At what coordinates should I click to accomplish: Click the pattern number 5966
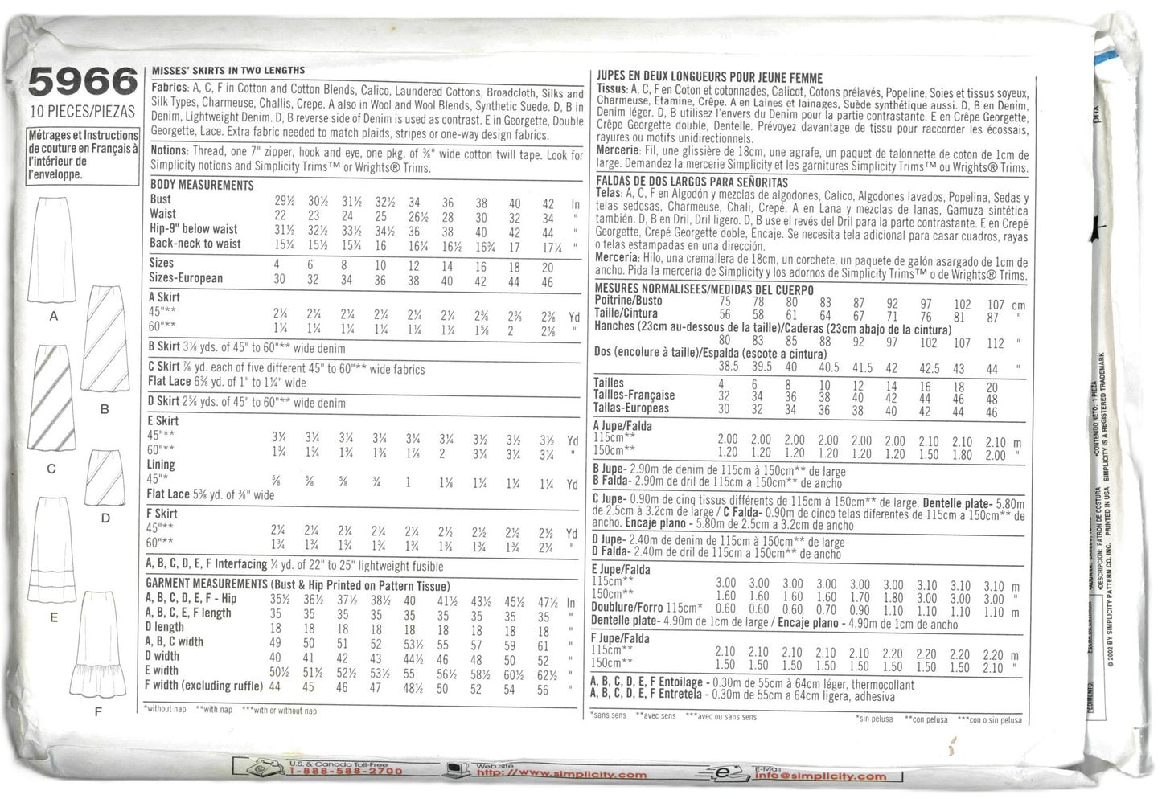pos(82,82)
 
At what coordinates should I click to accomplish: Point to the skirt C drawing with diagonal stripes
pos(51,396)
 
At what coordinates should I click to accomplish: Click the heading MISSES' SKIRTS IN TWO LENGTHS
pos(228,71)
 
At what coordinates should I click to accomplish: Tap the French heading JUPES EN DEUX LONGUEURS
pos(709,77)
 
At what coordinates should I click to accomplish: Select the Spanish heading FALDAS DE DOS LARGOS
pos(692,182)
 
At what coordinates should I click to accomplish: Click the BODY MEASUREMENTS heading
pos(202,185)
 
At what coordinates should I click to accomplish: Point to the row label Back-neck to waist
pos(195,244)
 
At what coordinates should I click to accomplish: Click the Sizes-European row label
pos(186,278)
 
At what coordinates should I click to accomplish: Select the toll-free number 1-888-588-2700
pos(346,771)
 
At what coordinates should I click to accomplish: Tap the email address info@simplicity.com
pos(820,776)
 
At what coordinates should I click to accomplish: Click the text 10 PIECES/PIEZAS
pos(82,111)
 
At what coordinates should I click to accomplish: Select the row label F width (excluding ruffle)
pos(203,686)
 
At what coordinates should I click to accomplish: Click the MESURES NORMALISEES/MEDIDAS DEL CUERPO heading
pos(704,289)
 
